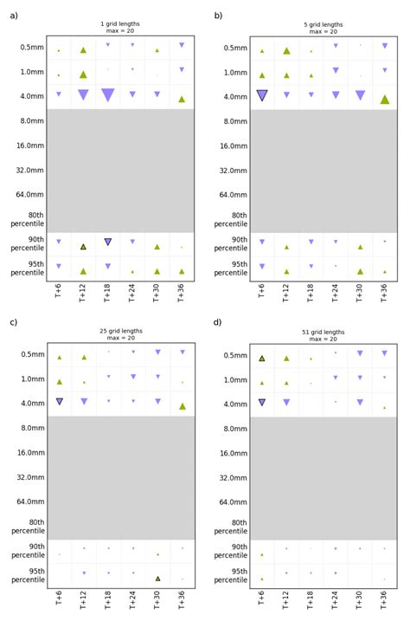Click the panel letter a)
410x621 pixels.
[13, 15]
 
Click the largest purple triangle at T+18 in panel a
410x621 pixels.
[108, 94]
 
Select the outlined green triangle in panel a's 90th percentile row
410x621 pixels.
[83, 247]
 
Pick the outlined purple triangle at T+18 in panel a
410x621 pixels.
[108, 243]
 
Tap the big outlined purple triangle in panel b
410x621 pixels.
[262, 95]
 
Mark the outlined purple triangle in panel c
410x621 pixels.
[60, 401]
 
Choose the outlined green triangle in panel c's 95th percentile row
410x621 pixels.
[157, 579]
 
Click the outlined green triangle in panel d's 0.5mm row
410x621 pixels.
[262, 358]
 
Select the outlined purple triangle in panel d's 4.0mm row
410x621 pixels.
[262, 402]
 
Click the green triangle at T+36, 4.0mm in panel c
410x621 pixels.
[182, 405]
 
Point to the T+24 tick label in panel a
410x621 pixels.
[132, 297]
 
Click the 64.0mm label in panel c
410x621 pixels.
[30, 501]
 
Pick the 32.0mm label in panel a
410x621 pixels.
[30, 171]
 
